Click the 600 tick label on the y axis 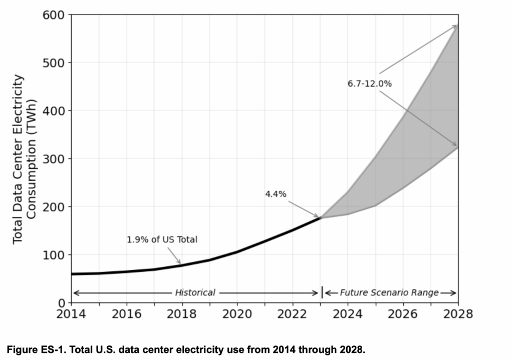click(x=54, y=15)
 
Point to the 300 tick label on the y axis click(x=54, y=159)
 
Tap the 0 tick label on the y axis click(x=61, y=303)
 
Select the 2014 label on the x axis click(x=71, y=314)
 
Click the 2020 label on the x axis click(x=237, y=314)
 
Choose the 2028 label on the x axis click(x=458, y=314)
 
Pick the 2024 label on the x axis click(x=348, y=314)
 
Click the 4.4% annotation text click(x=276, y=194)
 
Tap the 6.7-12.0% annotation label click(x=369, y=84)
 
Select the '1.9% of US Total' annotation click(x=162, y=240)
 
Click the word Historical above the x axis click(x=195, y=292)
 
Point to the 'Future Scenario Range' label click(x=389, y=292)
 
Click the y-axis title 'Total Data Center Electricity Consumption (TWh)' click(x=24, y=159)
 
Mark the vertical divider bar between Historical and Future click(x=322, y=292)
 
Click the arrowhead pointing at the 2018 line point click(x=179, y=262)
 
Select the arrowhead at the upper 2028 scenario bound click(x=455, y=26)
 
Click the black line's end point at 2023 click(x=320, y=218)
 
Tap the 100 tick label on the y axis click(x=54, y=255)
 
